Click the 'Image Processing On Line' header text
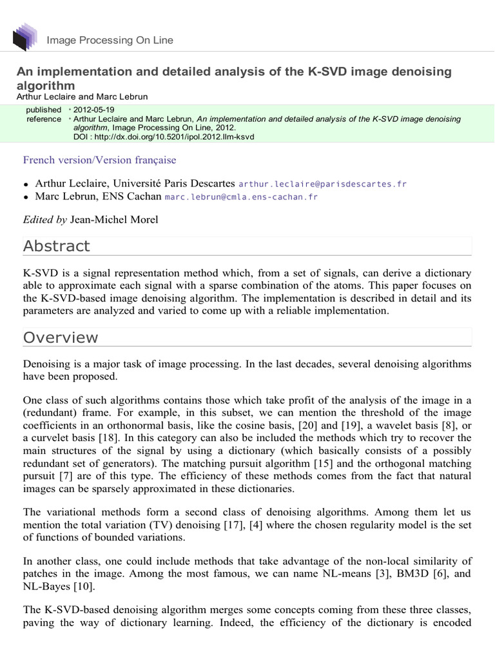click(x=110, y=41)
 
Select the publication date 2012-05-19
click(x=94, y=110)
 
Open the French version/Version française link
click(x=99, y=160)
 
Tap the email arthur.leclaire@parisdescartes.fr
click(x=323, y=184)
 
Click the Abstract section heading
click(x=57, y=246)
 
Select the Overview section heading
click(x=61, y=338)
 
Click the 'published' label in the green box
click(x=44, y=110)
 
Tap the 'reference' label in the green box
click(x=44, y=119)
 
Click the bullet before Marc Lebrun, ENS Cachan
click(x=26, y=198)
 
